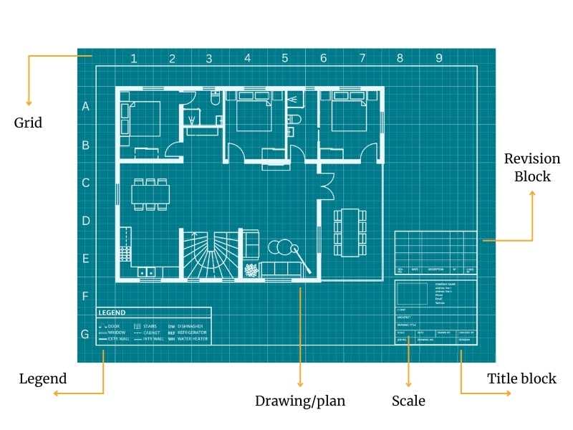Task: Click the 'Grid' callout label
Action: (x=29, y=123)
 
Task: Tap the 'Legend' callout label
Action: (x=43, y=379)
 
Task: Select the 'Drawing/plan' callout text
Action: (x=300, y=401)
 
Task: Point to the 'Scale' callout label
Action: (x=408, y=401)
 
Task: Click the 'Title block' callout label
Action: (x=521, y=379)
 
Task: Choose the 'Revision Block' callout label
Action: (x=532, y=167)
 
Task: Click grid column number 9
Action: (x=439, y=58)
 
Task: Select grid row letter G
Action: (x=85, y=334)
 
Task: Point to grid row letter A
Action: (x=86, y=107)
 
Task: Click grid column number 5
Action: (x=285, y=58)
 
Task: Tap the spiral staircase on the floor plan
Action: (x=208, y=255)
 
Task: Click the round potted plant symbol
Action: (x=251, y=271)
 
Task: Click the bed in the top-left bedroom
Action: (x=145, y=118)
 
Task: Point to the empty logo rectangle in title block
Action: (x=413, y=294)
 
